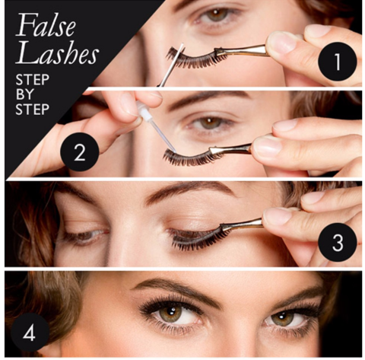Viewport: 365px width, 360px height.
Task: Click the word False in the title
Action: pos(46,25)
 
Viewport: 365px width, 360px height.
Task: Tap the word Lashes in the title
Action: pos(57,53)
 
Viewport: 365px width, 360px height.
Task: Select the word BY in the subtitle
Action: pos(24,94)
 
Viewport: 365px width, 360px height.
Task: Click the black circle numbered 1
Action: pos(338,62)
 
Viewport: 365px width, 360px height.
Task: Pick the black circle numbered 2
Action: pos(79,151)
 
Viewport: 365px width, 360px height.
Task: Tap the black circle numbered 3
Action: pos(338,242)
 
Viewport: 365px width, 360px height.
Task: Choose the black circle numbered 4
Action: pos(30,333)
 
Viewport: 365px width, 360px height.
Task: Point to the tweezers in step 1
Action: pos(242,51)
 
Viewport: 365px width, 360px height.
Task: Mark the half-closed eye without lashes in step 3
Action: pos(85,234)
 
